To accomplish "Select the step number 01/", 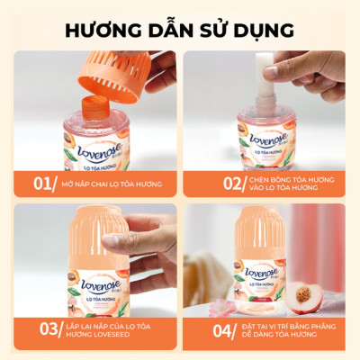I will click(44, 184).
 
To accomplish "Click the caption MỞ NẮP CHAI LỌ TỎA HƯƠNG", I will click(112, 184).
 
